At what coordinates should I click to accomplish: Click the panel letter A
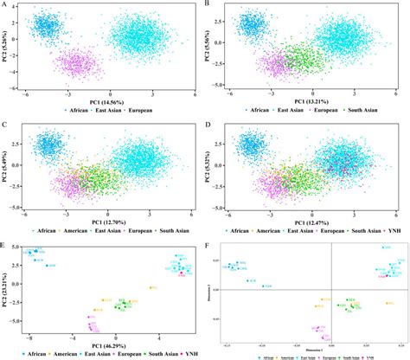click(x=4, y=6)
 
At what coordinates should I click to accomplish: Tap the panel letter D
click(x=210, y=125)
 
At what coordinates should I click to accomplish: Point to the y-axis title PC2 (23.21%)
click(x=6, y=292)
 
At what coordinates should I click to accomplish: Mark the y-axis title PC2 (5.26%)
click(x=6, y=47)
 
